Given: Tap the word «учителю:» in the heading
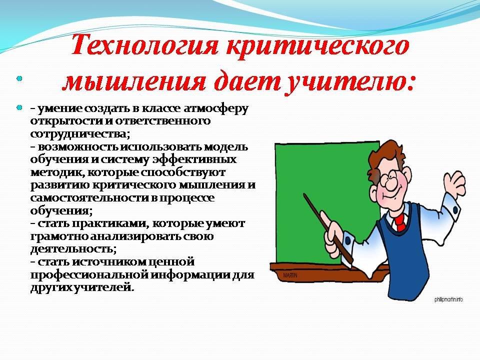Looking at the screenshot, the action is (349, 82).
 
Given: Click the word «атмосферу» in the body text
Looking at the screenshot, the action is (216, 109).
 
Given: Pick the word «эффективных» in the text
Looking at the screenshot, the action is (194, 160).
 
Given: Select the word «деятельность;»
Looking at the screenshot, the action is (73, 249).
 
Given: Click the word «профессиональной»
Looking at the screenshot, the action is (88, 275).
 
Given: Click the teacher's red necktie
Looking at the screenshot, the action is (399, 222).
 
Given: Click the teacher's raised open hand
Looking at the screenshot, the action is (454, 184).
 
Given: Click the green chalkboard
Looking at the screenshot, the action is (324, 196).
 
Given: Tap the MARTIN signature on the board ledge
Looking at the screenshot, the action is (290, 275).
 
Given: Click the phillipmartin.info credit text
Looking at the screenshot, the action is (448, 299).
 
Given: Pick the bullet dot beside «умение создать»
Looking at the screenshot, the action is (19, 108).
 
